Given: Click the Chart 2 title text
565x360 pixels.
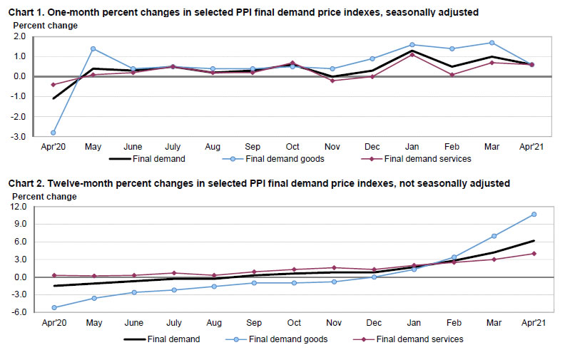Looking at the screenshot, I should (x=259, y=183).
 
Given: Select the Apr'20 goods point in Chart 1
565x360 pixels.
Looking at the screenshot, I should (x=54, y=133).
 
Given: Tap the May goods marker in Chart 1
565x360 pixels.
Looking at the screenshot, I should (x=93, y=48).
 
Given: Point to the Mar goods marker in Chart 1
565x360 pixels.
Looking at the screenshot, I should (x=492, y=43).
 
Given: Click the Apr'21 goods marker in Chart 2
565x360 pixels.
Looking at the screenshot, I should (x=534, y=214).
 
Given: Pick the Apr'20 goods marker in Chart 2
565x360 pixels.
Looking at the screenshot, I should (x=54, y=307).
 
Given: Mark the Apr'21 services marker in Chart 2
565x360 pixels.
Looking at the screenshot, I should (x=534, y=254).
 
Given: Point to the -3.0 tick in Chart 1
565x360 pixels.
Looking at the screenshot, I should (x=19, y=136).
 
